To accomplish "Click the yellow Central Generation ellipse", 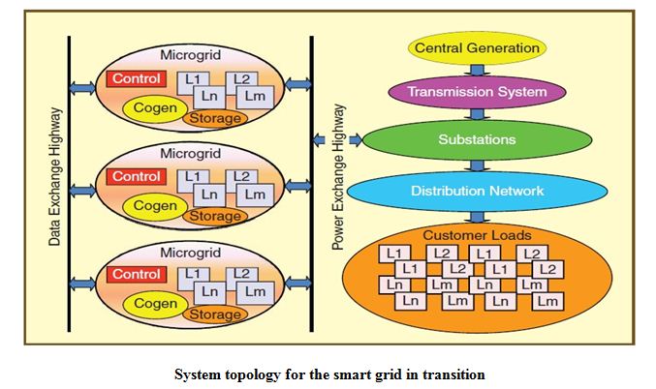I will (477, 47).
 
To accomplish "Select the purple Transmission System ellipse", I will (477, 93).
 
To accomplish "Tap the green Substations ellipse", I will (477, 139).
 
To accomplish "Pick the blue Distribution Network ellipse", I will (477, 190).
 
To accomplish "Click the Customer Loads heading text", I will (476, 235).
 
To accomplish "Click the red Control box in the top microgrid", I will (136, 78).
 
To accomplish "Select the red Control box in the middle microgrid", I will (136, 176).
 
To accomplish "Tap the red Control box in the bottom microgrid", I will (136, 274).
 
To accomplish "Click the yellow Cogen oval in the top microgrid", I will (155, 108).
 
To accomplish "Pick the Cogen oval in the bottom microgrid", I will (155, 303).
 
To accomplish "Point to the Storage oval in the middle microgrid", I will (214, 216).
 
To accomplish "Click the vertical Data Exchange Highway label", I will (54, 175).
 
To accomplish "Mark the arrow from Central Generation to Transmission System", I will (477, 70).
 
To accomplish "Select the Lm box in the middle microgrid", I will (255, 194).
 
